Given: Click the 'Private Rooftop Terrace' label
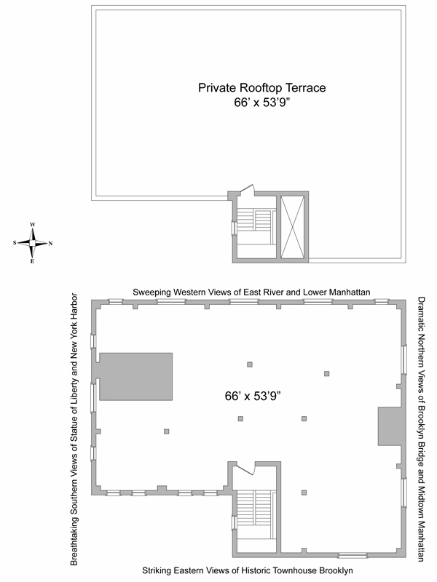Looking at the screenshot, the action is point(261,87).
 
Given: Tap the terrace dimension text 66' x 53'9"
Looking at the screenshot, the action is point(261,103).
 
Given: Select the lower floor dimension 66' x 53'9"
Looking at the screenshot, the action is point(252,396).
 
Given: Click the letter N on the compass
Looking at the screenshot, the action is point(50,244).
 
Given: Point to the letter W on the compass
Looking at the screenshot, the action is point(33,225).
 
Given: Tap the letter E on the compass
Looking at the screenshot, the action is point(32,261).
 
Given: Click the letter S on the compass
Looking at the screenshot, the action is point(15,243).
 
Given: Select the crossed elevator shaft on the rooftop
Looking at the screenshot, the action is point(293,227).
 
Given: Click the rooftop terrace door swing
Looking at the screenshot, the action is point(248,189).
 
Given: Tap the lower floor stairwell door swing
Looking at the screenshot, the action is point(246,469).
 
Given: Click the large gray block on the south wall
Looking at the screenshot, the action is point(135,376).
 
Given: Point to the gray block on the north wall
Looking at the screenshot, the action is point(390,426).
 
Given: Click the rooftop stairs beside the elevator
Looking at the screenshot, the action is point(256,226).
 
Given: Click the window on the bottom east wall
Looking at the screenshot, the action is point(353,556).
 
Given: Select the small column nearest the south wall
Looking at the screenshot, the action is point(167,431).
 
